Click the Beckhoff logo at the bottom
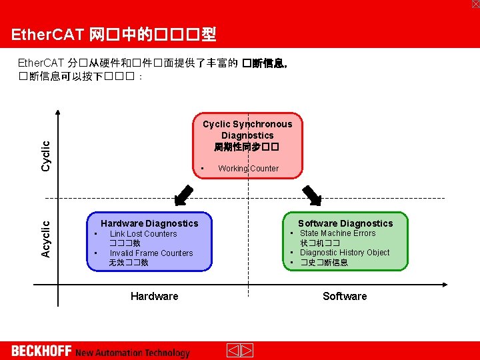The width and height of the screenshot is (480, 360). tap(41, 351)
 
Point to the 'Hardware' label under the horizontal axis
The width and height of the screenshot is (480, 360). tap(154, 296)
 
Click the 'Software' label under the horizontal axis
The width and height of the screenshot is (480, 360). tap(345, 296)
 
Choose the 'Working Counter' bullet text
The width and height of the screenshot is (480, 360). tap(248, 169)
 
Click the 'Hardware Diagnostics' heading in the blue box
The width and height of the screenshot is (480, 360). tap(149, 223)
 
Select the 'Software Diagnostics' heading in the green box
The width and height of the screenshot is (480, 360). tap(345, 223)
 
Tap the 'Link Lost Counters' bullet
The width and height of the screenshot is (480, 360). tap(143, 234)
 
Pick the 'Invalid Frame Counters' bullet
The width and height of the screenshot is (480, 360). tap(151, 253)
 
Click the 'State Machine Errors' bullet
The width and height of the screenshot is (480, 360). tap(337, 233)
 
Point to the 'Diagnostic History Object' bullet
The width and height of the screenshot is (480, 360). tap(345, 253)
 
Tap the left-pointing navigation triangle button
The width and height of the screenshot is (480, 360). tap(233, 351)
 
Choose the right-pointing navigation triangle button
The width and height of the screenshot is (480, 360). tap(246, 351)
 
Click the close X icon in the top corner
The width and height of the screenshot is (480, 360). tap(475, 4)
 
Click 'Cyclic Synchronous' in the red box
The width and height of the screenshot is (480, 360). tap(247, 124)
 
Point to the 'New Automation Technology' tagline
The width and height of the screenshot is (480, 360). tap(133, 353)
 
